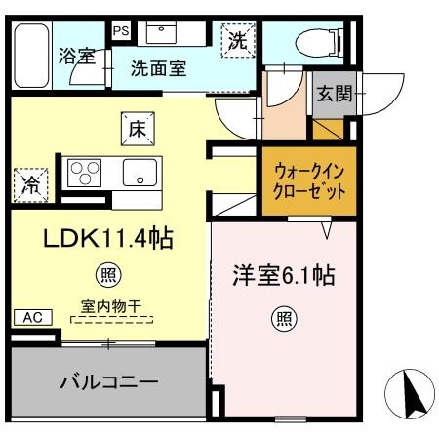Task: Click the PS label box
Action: (x=121, y=30)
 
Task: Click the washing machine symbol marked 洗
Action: (x=238, y=41)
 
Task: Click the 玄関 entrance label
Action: (x=332, y=94)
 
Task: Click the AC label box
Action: (x=30, y=318)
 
